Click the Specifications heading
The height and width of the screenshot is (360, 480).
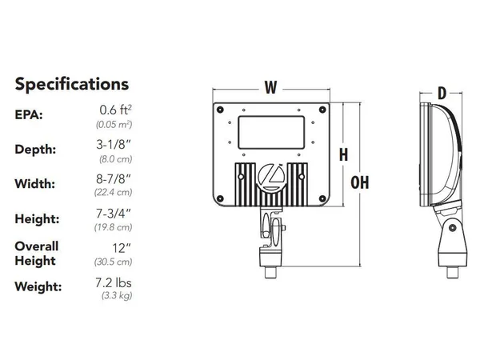[72, 84]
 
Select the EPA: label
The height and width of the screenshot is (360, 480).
[29, 114]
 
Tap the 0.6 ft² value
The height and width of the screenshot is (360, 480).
[116, 110]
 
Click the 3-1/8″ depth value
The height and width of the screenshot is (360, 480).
[114, 145]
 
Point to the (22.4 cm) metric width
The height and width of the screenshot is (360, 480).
[114, 192]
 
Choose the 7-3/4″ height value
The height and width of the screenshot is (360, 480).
[114, 214]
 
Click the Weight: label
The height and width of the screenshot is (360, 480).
[38, 287]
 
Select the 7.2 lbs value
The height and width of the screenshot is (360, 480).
[114, 283]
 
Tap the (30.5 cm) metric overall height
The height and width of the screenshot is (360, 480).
[114, 262]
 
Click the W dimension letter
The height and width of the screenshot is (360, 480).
[271, 87]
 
